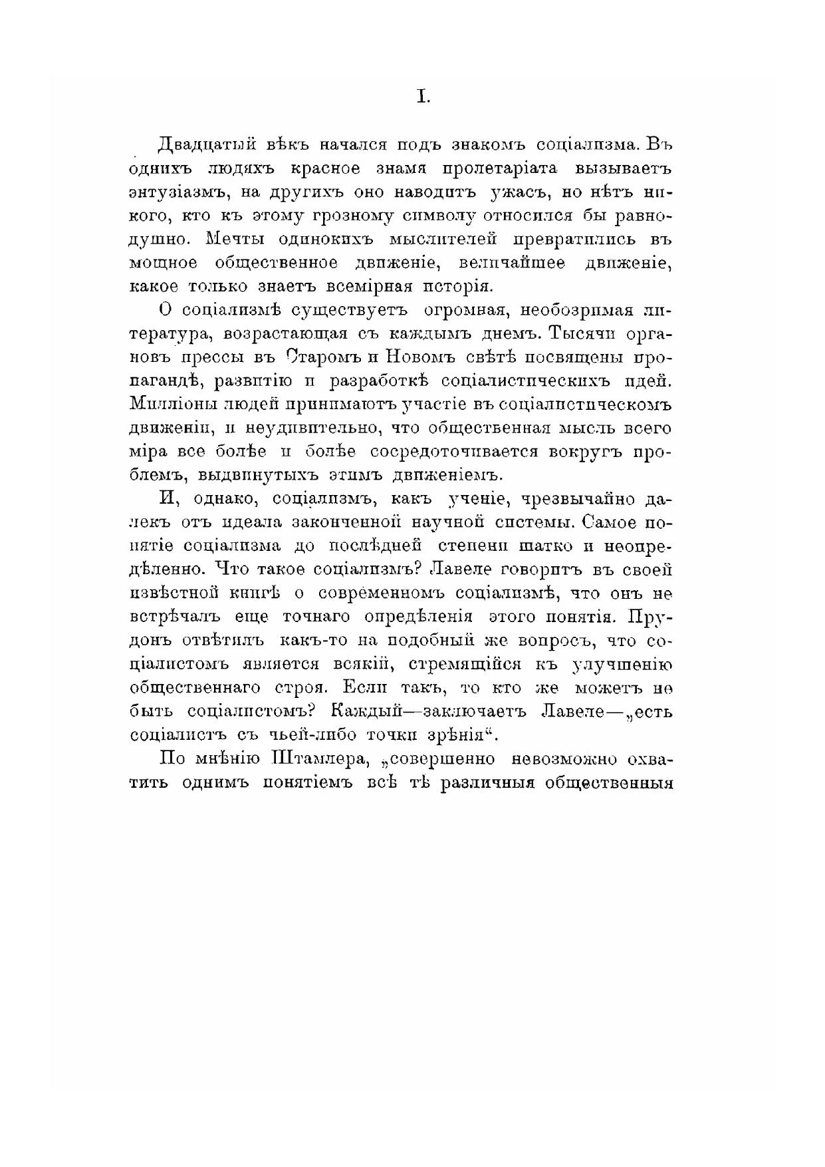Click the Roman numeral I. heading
pos(423,97)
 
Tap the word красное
pos(322,169)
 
